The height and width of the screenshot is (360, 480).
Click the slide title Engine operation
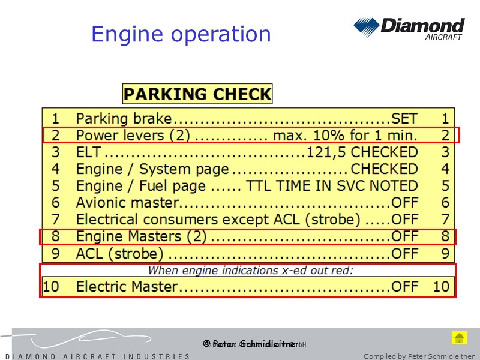(181, 34)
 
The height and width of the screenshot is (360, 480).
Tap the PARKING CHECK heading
(197, 94)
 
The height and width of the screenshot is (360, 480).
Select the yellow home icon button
(459, 337)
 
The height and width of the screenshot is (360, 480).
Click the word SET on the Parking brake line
(404, 119)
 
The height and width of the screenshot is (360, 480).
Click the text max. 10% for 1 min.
(345, 136)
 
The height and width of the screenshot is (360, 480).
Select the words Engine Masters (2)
(141, 236)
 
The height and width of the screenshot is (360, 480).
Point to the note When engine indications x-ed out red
(251, 270)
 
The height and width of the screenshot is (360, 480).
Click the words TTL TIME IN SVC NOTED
(332, 186)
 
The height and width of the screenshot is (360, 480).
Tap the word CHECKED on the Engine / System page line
(384, 169)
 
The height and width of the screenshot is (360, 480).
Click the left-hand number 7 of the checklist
(56, 220)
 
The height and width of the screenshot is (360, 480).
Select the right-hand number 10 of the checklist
(441, 287)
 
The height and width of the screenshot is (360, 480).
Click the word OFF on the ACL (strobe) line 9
(404, 253)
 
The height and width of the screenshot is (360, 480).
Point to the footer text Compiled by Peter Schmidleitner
(418, 356)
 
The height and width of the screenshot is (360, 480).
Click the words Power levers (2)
(133, 136)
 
